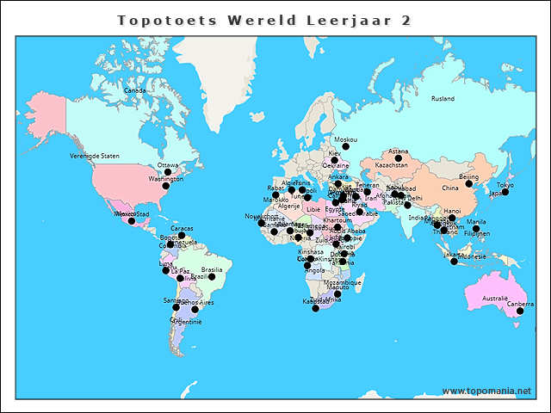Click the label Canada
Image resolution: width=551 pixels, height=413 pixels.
(135, 90)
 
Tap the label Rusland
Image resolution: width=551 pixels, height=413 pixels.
(443, 99)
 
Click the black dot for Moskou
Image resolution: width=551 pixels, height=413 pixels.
(345, 147)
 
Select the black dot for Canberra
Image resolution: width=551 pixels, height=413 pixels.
(520, 311)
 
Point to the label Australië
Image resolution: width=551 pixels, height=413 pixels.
(495, 299)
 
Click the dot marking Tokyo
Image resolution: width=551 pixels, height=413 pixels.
(505, 192)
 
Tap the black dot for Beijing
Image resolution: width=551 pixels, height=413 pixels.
(469, 184)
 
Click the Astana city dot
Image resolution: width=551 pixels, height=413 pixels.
(399, 158)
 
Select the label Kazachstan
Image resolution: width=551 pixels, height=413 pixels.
(392, 164)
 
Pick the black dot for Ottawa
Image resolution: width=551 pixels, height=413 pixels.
(168, 172)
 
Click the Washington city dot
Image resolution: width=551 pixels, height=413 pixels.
(166, 186)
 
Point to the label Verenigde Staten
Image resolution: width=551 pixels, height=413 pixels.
(95, 156)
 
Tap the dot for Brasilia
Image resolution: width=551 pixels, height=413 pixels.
(212, 276)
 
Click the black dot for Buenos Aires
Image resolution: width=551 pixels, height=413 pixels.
(195, 310)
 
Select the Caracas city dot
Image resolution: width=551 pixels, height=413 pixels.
(182, 235)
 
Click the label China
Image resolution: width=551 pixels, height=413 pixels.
(450, 188)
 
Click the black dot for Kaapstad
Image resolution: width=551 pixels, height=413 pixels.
(315, 308)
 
